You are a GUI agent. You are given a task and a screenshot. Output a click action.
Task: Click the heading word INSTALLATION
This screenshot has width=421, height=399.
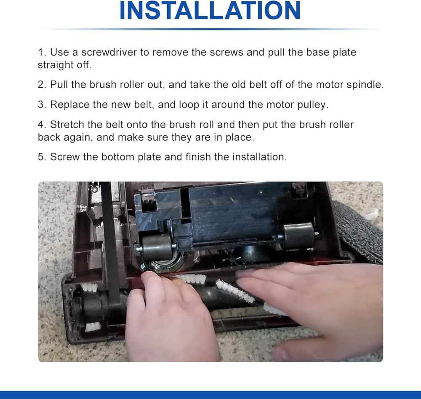coord(210,11)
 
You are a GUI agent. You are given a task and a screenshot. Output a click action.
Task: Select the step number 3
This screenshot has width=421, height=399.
coord(42,104)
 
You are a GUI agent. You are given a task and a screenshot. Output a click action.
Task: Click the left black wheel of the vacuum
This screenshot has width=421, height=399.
coord(157,247)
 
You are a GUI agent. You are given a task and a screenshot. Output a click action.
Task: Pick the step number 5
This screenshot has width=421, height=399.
coord(42,157)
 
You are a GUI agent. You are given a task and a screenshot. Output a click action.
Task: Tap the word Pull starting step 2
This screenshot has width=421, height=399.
coord(59,85)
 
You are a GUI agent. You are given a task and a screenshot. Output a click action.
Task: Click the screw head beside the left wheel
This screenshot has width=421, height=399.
coord(143,267)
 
